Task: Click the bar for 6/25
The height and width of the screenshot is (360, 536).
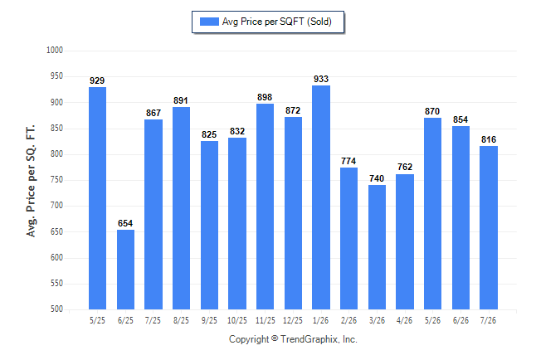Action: [x=125, y=270]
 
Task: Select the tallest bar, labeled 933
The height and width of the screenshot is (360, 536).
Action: [x=321, y=197]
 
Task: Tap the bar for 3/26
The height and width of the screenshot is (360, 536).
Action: [x=377, y=247]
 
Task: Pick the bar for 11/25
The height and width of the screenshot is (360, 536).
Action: [x=265, y=207]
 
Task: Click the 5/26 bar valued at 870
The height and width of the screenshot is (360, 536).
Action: [x=432, y=214]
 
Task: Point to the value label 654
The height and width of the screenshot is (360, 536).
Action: [x=125, y=223]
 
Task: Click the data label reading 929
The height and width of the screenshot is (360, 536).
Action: [x=97, y=80]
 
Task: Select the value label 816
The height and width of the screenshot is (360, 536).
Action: [x=489, y=139]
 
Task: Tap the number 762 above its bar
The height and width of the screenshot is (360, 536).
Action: [x=405, y=167]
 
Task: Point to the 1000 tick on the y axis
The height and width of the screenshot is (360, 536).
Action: [x=55, y=51]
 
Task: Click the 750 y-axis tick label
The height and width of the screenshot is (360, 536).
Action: [x=56, y=179]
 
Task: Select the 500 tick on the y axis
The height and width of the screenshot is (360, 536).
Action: [x=56, y=309]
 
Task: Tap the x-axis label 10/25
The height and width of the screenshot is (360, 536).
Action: [x=237, y=320]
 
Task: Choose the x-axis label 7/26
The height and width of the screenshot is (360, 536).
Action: [x=488, y=320]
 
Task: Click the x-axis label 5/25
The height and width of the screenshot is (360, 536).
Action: [x=97, y=320]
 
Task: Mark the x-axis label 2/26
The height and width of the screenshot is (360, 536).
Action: [x=348, y=320]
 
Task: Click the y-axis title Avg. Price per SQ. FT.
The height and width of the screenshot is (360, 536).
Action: [x=31, y=181]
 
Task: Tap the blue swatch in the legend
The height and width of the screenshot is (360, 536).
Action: [x=209, y=22]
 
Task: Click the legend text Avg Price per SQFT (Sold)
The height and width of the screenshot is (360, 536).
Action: [x=277, y=22]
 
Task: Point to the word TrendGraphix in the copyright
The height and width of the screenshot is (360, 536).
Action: [x=309, y=339]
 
